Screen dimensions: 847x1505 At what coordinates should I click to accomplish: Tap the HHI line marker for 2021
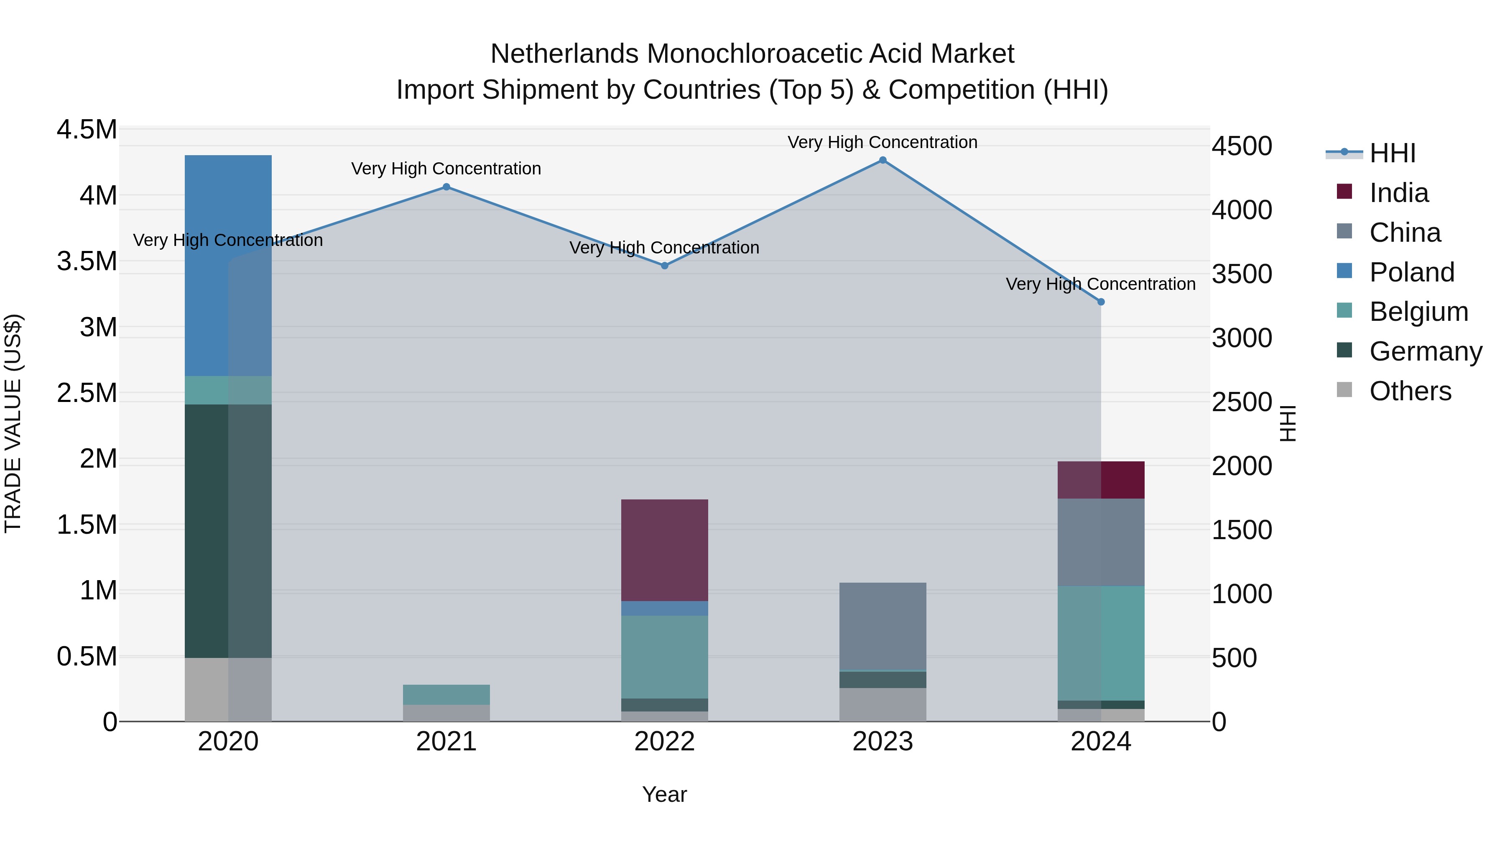[446, 187]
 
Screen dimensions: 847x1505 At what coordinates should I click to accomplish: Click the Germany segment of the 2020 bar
[228, 531]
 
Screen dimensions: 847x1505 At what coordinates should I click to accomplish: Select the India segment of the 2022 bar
[664, 550]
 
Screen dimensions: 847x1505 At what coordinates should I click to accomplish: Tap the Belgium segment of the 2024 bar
[1101, 643]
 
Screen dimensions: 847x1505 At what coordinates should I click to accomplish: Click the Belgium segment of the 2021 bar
[446, 694]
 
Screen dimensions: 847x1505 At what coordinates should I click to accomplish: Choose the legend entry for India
[1399, 193]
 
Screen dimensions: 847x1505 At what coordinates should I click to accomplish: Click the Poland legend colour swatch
[1344, 271]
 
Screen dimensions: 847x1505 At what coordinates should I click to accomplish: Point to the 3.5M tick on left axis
[87, 261]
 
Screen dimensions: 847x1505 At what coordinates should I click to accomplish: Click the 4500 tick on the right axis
[1242, 146]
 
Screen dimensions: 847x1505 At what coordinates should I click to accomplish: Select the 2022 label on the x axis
[664, 742]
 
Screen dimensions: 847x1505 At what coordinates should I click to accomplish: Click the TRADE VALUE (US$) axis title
[13, 423]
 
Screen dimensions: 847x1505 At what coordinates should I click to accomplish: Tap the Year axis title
[664, 794]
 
